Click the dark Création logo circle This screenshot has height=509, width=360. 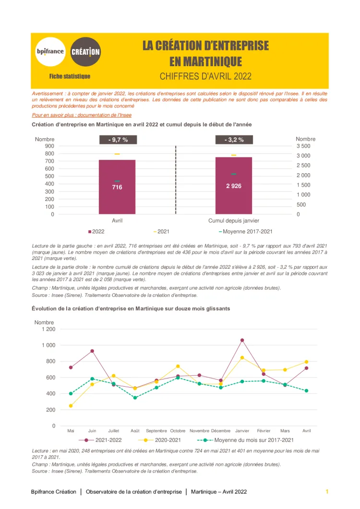tap(85, 51)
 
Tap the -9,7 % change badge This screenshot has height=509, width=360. tap(117, 140)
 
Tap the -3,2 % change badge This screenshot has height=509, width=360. tap(234, 140)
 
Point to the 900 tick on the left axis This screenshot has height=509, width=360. tap(49, 146)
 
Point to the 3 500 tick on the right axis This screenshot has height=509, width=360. tap(303, 146)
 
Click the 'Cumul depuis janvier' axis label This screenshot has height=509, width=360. tap(234, 221)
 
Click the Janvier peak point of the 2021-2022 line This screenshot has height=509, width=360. tap(242, 340)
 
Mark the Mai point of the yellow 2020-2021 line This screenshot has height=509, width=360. tap(71, 406)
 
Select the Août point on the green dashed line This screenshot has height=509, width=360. tap(135, 398)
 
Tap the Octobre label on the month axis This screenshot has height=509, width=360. tap(178, 431)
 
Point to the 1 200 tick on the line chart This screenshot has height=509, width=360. tap(48, 329)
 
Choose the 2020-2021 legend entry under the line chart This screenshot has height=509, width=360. tap(163, 440)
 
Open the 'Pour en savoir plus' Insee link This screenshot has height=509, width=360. tap(82, 115)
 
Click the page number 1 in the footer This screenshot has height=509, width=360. tap(327, 492)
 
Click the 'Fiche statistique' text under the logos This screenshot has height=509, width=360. tap(70, 76)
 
